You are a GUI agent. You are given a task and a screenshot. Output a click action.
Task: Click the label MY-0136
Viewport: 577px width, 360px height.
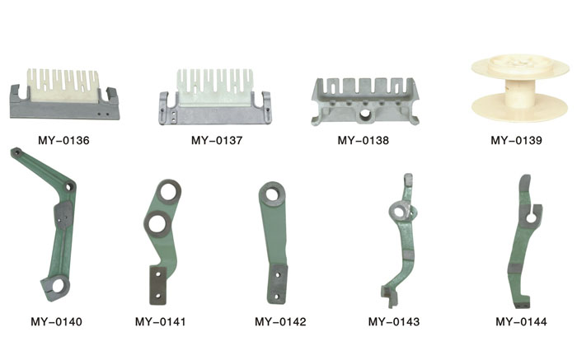[x=63, y=140]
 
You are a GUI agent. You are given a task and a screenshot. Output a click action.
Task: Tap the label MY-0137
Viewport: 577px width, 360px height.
[x=217, y=140]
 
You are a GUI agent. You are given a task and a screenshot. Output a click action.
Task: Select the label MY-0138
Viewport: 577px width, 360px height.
[x=364, y=140]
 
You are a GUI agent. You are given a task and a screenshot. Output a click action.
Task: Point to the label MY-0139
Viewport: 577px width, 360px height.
[x=516, y=140]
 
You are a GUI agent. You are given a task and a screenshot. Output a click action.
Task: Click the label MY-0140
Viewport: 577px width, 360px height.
[x=56, y=322]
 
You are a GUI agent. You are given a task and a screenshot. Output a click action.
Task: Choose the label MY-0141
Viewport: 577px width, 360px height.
[x=161, y=322]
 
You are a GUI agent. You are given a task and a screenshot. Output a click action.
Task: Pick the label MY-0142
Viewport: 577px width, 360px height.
[x=280, y=322]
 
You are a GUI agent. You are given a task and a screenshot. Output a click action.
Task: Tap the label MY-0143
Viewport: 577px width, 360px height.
[x=394, y=322]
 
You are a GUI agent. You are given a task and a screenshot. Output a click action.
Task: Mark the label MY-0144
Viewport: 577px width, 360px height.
[x=521, y=322]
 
